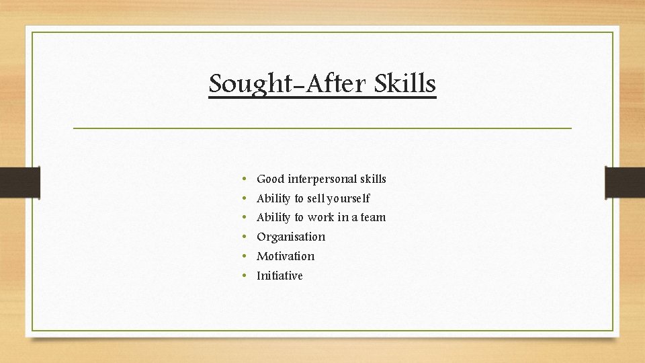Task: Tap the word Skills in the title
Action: point(405,84)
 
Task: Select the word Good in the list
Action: point(270,179)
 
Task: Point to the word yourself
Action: point(348,199)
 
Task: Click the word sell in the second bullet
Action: point(316,199)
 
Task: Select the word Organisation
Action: point(291,237)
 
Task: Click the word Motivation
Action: point(286,256)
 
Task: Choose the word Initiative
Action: point(279,276)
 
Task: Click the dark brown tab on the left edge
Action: point(19,183)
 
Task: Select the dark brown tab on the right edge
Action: point(625,183)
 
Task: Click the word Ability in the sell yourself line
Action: point(273,199)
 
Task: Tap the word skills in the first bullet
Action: point(373,179)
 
